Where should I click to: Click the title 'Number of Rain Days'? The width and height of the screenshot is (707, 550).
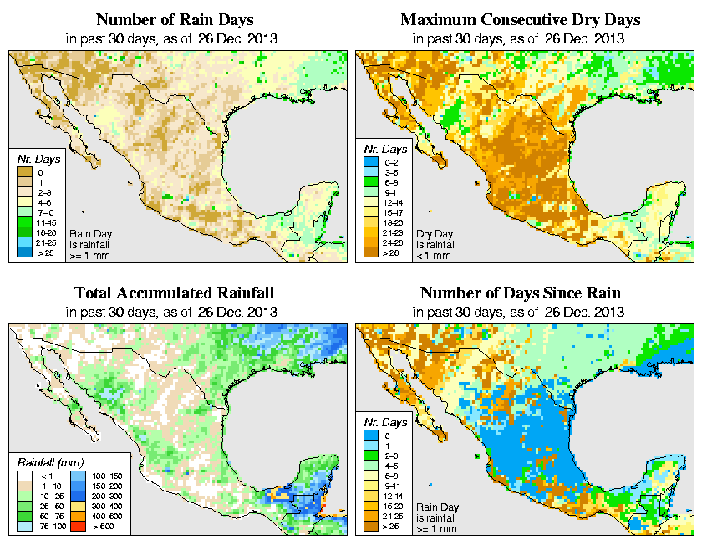174,19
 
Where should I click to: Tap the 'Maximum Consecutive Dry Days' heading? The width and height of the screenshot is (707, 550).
520,19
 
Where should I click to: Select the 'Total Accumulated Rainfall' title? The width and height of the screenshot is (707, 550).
174,293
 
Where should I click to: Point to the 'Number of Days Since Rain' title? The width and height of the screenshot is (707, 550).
520,293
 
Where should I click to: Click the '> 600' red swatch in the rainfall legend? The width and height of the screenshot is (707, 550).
76,528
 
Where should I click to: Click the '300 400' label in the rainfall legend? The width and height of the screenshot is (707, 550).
103,507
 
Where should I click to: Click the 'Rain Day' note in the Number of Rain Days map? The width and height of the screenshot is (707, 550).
89,234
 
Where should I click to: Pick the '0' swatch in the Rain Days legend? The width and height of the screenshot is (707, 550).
23,172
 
